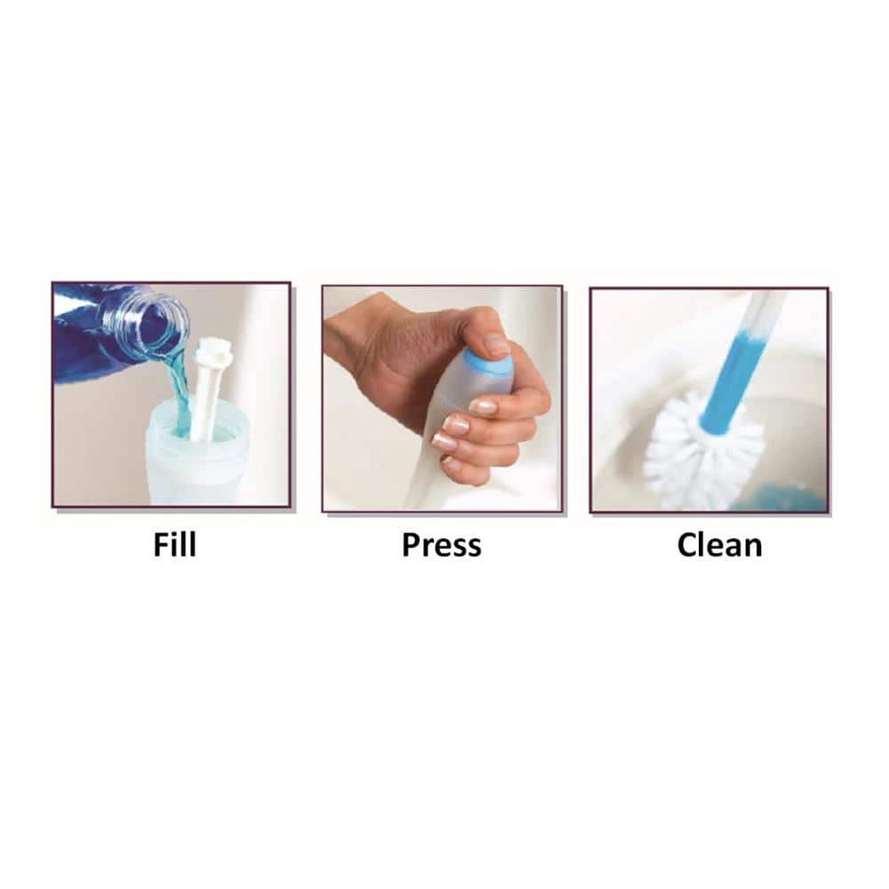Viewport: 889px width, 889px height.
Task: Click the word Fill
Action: point(174,545)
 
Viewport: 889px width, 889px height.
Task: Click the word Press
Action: point(442,546)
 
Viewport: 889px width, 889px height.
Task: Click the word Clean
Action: point(719,546)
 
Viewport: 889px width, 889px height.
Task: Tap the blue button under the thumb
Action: point(486,363)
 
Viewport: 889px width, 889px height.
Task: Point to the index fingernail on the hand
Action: point(484,406)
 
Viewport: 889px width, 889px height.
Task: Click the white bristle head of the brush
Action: point(703,450)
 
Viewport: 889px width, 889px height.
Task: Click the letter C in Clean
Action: point(687,546)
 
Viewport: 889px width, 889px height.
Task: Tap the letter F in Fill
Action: point(162,545)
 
